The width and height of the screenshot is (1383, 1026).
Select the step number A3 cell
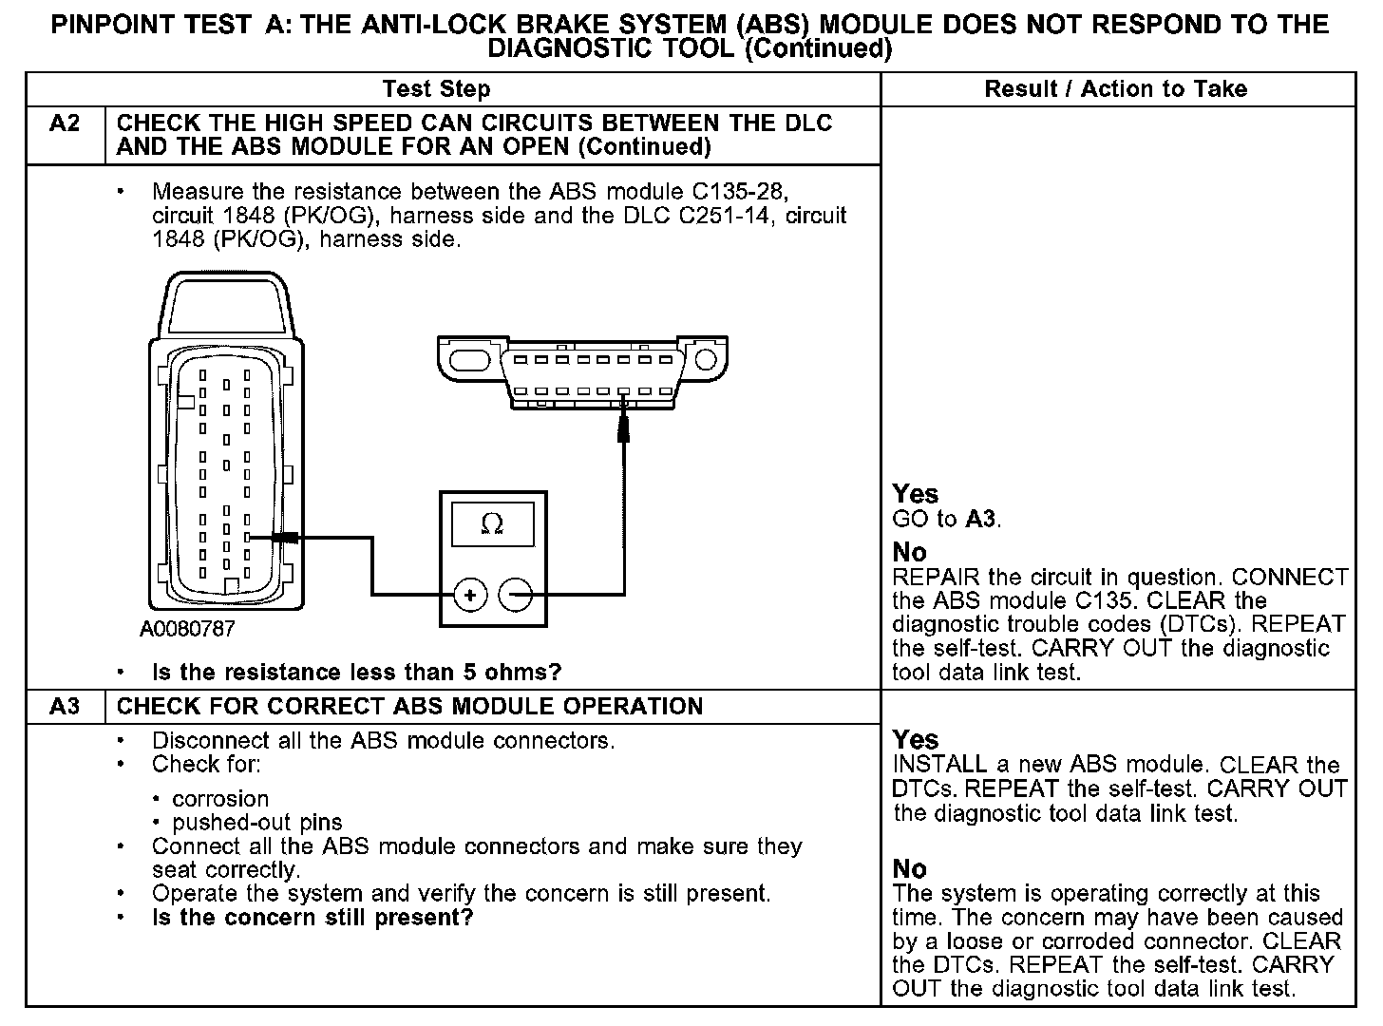click(x=64, y=707)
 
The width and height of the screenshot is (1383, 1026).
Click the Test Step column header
click(x=436, y=89)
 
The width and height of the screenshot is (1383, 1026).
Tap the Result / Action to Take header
click(x=1115, y=89)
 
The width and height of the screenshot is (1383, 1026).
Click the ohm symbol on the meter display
click(x=493, y=523)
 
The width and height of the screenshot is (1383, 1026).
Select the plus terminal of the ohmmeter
click(x=470, y=596)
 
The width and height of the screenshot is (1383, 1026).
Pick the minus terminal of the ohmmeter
click(x=515, y=596)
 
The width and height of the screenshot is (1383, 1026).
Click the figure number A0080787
click(x=187, y=629)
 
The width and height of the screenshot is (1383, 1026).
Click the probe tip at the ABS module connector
click(x=281, y=538)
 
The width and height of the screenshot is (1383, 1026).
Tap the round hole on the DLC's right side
click(x=705, y=360)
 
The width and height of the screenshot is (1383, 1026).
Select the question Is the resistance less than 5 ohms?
click(x=356, y=673)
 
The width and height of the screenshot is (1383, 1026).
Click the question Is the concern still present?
click(x=313, y=918)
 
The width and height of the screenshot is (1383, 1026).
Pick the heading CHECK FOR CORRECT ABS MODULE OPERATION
click(x=409, y=707)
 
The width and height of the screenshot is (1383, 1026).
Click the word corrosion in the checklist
click(x=220, y=799)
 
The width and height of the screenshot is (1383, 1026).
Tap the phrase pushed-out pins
click(x=257, y=823)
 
